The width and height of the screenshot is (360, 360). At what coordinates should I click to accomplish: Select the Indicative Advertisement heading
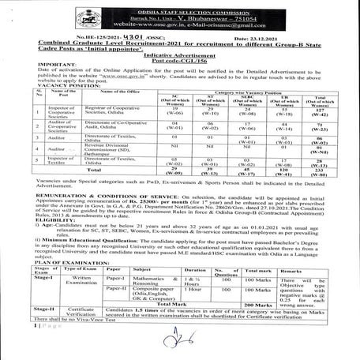(178, 57)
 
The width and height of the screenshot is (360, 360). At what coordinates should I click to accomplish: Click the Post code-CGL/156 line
(178, 63)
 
